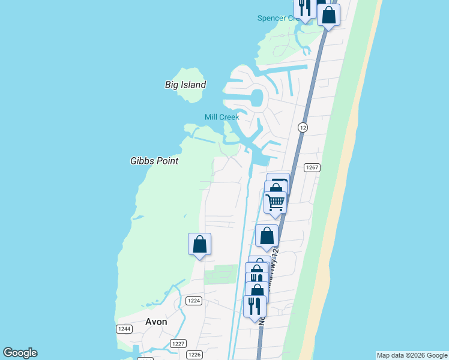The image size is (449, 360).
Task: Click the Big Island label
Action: tap(185, 85)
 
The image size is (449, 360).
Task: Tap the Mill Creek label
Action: tap(221, 117)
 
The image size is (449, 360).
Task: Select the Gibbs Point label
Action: tap(154, 161)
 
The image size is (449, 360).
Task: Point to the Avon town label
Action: tap(156, 322)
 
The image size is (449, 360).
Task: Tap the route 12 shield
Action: tap(303, 127)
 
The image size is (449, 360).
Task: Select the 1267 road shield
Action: tap(311, 168)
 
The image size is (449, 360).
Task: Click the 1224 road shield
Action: tap(193, 301)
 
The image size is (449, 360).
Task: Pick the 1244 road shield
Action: tap(124, 329)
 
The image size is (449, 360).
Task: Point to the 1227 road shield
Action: tap(178, 343)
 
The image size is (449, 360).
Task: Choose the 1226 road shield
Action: tap(194, 355)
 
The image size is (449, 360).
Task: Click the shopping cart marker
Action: tap(276, 202)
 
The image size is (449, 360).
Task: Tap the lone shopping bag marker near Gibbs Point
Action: tap(199, 244)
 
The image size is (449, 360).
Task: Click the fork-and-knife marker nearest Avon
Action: tap(255, 305)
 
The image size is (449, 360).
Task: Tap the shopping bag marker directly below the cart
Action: tap(267, 236)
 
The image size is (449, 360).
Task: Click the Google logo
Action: tap(20, 353)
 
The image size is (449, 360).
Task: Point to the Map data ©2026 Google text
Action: tap(412, 355)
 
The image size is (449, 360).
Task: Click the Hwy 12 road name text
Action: tap(262, 312)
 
